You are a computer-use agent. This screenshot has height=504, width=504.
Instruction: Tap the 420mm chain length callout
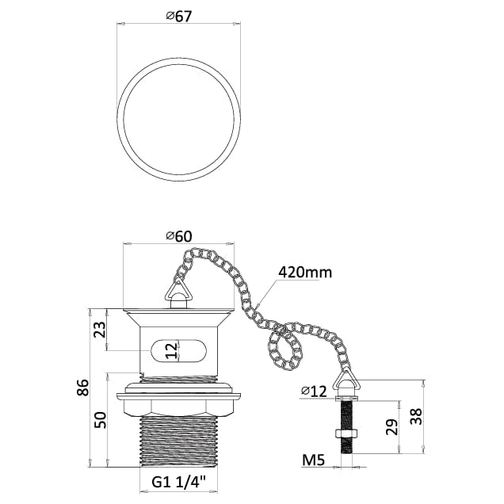pos(304,273)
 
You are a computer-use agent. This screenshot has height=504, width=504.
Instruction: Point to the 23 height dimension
pos(99,329)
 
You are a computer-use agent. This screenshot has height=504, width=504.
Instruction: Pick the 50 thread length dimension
pos(99,420)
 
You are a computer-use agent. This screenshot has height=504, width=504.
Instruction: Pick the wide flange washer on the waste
pos(178,391)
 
